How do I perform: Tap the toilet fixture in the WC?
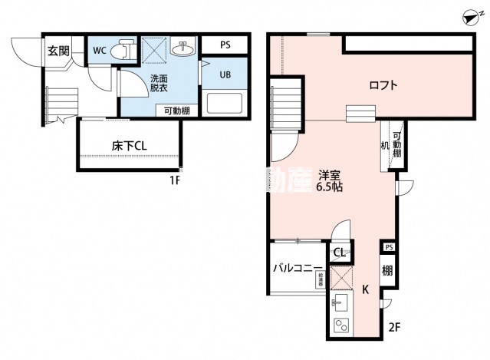(121, 51)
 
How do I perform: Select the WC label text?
(100, 51)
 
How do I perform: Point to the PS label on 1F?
(225, 45)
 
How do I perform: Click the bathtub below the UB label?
(224, 103)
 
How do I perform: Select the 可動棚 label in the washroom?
(177, 111)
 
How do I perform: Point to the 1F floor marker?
(176, 181)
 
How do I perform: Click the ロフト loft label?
(383, 85)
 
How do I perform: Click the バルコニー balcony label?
(298, 269)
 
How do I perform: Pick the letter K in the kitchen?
(366, 289)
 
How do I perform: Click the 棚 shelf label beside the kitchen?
(388, 270)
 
